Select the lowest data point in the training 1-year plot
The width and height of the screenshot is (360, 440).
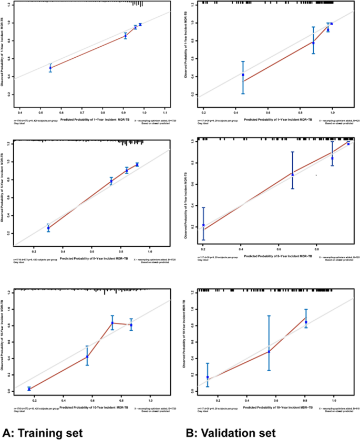tap(50, 68)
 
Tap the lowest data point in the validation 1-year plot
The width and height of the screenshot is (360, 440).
tap(243, 75)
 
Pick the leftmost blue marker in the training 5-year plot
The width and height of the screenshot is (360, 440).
tap(48, 228)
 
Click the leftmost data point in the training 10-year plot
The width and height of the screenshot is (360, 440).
tap(29, 389)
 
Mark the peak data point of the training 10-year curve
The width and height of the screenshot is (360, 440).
tap(112, 323)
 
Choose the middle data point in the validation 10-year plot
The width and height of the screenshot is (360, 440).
tap(269, 351)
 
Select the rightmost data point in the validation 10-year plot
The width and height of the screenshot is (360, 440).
tap(306, 322)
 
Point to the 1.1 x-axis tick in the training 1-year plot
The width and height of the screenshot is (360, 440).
tap(165, 112)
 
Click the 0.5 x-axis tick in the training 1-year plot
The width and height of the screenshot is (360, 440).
tap(41, 112)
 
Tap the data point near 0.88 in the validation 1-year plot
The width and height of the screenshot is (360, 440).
tap(313, 43)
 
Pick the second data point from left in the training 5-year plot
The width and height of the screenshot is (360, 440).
tap(111, 181)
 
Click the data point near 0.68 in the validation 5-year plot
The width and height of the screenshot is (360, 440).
tap(293, 174)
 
